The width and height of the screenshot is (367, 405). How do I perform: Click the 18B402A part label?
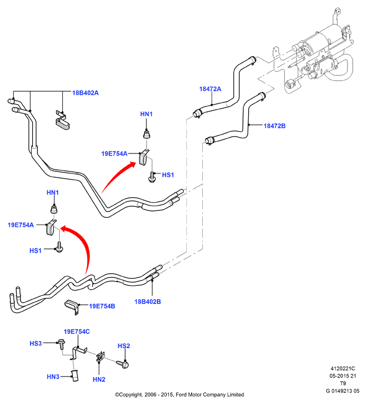coord(86,93)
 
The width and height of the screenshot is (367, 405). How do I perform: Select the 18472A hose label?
coord(210,89)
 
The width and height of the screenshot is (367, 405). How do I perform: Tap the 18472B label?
coord(275,126)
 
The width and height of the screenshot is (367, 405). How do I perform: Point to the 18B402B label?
coord(147,302)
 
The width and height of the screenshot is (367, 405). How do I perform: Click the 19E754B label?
coord(102,306)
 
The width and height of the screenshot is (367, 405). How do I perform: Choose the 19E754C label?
coord(77,331)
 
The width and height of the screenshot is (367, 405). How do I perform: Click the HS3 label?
coord(36,343)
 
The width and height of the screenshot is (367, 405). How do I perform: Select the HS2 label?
coord(124,346)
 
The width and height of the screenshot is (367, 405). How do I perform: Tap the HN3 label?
coord(53,377)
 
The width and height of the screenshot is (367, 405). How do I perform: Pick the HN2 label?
coord(99,380)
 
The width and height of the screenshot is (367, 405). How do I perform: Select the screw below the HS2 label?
coord(123,364)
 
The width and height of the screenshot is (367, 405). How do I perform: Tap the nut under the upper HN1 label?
coord(147,134)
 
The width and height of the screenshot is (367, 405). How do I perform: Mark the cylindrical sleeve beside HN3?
coord(75,375)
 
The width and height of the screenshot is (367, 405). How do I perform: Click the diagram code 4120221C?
coord(343,369)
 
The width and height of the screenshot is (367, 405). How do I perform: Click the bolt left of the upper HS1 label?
coord(152,177)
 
